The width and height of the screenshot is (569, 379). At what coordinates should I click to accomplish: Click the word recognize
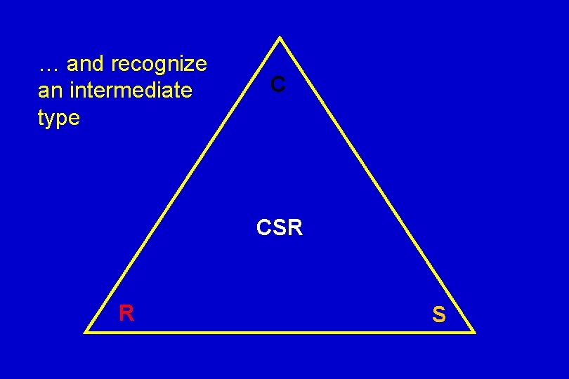(x=159, y=65)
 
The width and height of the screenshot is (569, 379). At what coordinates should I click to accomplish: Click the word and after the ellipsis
(x=86, y=65)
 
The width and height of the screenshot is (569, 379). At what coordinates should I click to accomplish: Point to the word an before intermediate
(x=49, y=91)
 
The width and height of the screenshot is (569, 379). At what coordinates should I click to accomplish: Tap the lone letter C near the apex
(x=278, y=85)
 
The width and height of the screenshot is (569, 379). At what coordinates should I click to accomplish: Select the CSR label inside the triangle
(x=280, y=228)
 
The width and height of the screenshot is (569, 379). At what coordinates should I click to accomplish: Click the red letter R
(x=126, y=313)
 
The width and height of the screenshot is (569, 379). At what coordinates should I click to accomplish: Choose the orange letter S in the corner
(x=438, y=315)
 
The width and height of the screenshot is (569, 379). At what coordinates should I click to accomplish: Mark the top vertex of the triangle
(x=280, y=37)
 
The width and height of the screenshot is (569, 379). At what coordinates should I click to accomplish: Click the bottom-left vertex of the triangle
(x=86, y=331)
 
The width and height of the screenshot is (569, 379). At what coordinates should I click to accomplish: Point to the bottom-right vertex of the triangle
(x=475, y=331)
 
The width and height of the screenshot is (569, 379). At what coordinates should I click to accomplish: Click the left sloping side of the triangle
(x=183, y=185)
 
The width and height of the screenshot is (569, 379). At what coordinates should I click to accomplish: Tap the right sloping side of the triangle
(x=378, y=185)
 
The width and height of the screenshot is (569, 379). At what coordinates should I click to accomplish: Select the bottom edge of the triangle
(x=281, y=331)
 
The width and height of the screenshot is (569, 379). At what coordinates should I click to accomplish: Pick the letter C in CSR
(x=265, y=228)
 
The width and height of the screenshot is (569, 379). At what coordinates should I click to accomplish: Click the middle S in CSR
(x=280, y=228)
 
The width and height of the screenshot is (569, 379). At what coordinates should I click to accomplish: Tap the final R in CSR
(x=294, y=228)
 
